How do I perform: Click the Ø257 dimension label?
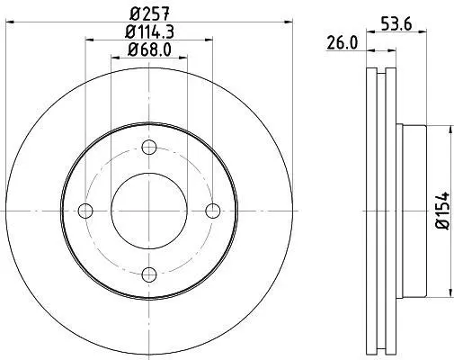(x=149, y=13)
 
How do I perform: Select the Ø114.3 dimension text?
(x=149, y=31)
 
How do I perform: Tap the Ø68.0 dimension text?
(x=149, y=49)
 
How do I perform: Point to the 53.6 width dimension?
(x=396, y=24)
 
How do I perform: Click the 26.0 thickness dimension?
(x=342, y=42)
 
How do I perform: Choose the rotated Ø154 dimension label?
(x=442, y=211)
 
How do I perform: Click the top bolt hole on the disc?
(x=149, y=148)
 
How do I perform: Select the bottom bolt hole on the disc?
(x=149, y=274)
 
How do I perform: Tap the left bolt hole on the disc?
(x=85, y=211)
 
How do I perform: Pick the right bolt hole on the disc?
(x=213, y=211)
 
